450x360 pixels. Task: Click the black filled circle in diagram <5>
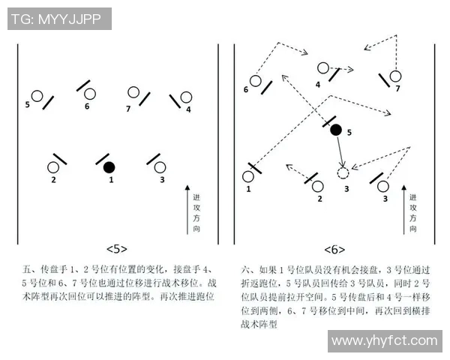pyautogui.click(x=109, y=166)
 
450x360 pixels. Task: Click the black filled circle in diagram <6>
pyautogui.click(x=336, y=130)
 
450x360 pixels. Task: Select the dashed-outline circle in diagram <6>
pyautogui.click(x=343, y=173)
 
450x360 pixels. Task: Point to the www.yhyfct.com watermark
pyautogui.click(x=384, y=341)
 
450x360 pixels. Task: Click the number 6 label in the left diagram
pyautogui.click(x=87, y=106)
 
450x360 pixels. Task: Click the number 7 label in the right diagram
pyautogui.click(x=397, y=88)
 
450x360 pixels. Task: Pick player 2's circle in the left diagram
pyautogui.click(x=54, y=167)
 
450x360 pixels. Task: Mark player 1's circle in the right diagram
pyautogui.click(x=248, y=177)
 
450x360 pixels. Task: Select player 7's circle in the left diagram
pyautogui.click(x=133, y=93)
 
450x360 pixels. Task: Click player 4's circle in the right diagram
pyautogui.click(x=322, y=67)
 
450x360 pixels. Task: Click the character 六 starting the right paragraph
pyautogui.click(x=246, y=268)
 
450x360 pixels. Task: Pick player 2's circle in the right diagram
pyautogui.click(x=318, y=185)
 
